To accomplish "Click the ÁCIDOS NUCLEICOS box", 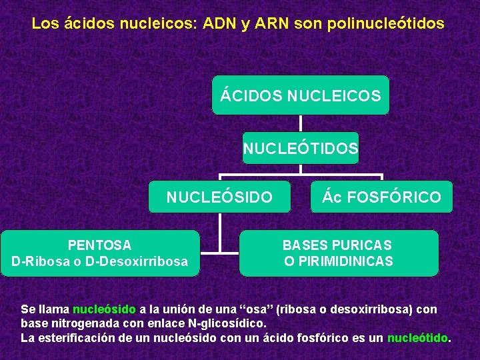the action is pyautogui.click(x=300, y=95).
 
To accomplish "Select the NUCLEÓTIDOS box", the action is pyautogui.click(x=300, y=148).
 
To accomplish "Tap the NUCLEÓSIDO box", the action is pyautogui.click(x=219, y=197).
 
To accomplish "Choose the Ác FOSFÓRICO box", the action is pyautogui.click(x=381, y=197).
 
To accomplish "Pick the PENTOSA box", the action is pyautogui.click(x=100, y=253).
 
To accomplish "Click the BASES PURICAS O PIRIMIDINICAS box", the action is pyautogui.click(x=339, y=253).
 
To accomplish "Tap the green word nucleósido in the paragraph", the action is pyautogui.click(x=104, y=309).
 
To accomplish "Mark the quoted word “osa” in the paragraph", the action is pyautogui.click(x=253, y=309).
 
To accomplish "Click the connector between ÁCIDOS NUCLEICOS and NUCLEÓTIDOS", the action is pyautogui.click(x=300, y=123).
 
